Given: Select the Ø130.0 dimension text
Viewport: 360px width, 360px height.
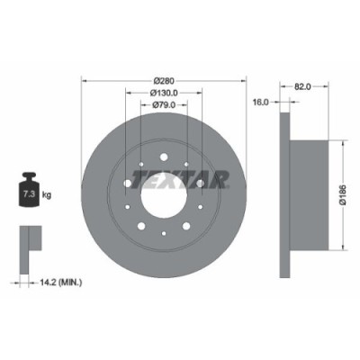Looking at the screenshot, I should (x=170, y=92).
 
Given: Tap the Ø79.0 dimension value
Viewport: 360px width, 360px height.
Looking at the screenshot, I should (x=170, y=105).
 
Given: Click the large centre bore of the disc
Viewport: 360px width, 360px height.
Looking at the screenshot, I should (x=170, y=185).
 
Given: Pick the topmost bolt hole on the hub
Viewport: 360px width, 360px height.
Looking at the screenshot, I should (x=170, y=148).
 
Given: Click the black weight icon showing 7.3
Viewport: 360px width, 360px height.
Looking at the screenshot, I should (x=28, y=191).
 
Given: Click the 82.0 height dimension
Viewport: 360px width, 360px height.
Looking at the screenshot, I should (x=302, y=87).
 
